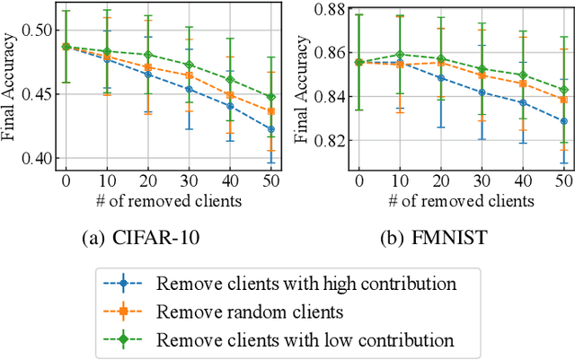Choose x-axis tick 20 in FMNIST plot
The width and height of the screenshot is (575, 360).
(x=440, y=180)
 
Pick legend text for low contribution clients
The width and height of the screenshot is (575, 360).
(x=305, y=339)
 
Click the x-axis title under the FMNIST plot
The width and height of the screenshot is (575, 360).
(x=462, y=200)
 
